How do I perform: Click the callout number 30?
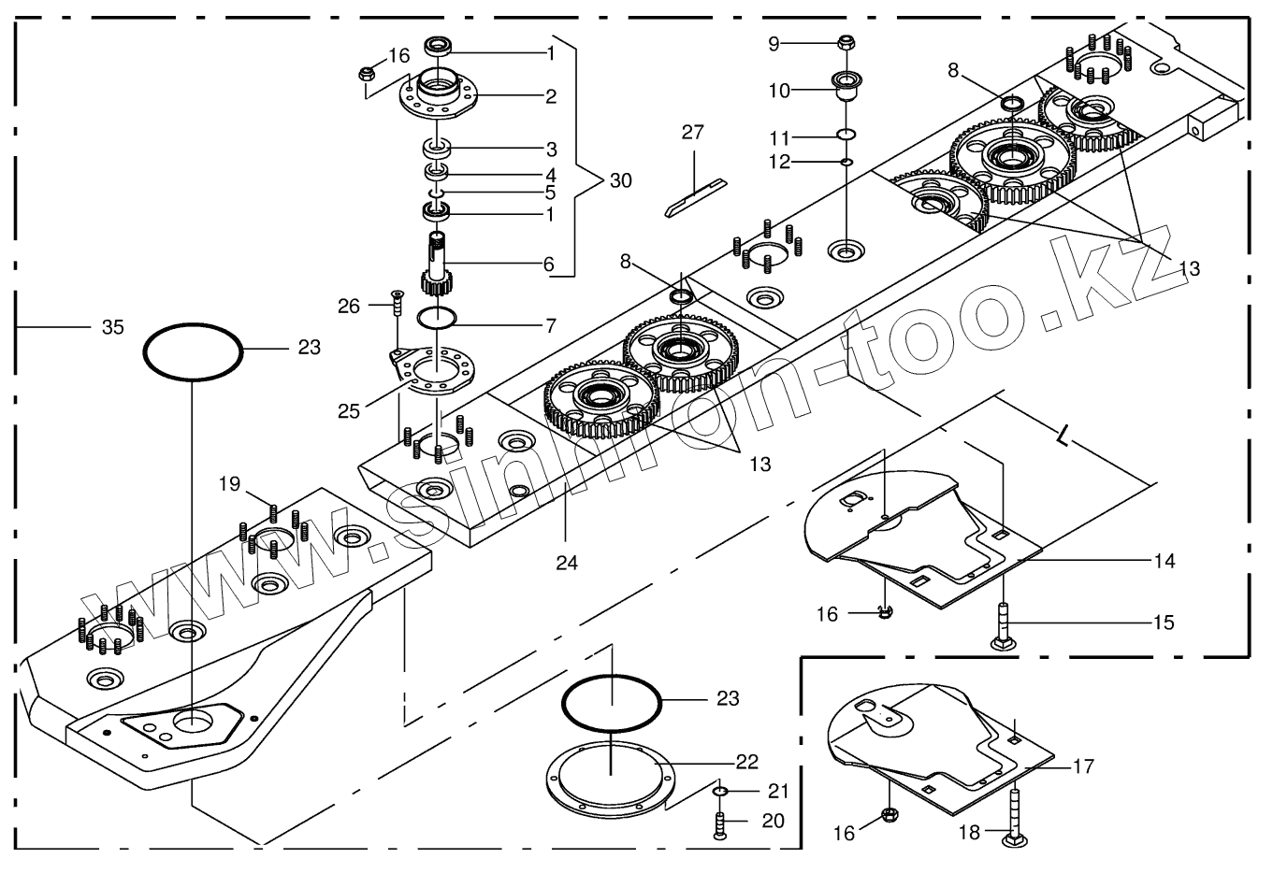click(620, 180)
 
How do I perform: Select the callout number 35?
click(112, 327)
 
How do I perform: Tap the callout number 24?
click(567, 563)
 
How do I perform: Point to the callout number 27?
click(692, 133)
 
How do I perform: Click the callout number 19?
click(230, 484)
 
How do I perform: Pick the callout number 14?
click(1165, 561)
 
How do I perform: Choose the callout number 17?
click(1083, 766)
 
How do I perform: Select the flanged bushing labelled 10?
click(847, 87)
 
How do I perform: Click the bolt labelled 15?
click(1002, 626)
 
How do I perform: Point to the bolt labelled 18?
click(1014, 819)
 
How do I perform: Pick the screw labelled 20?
click(719, 824)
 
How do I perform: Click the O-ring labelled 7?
click(436, 317)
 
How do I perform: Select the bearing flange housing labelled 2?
click(440, 95)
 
